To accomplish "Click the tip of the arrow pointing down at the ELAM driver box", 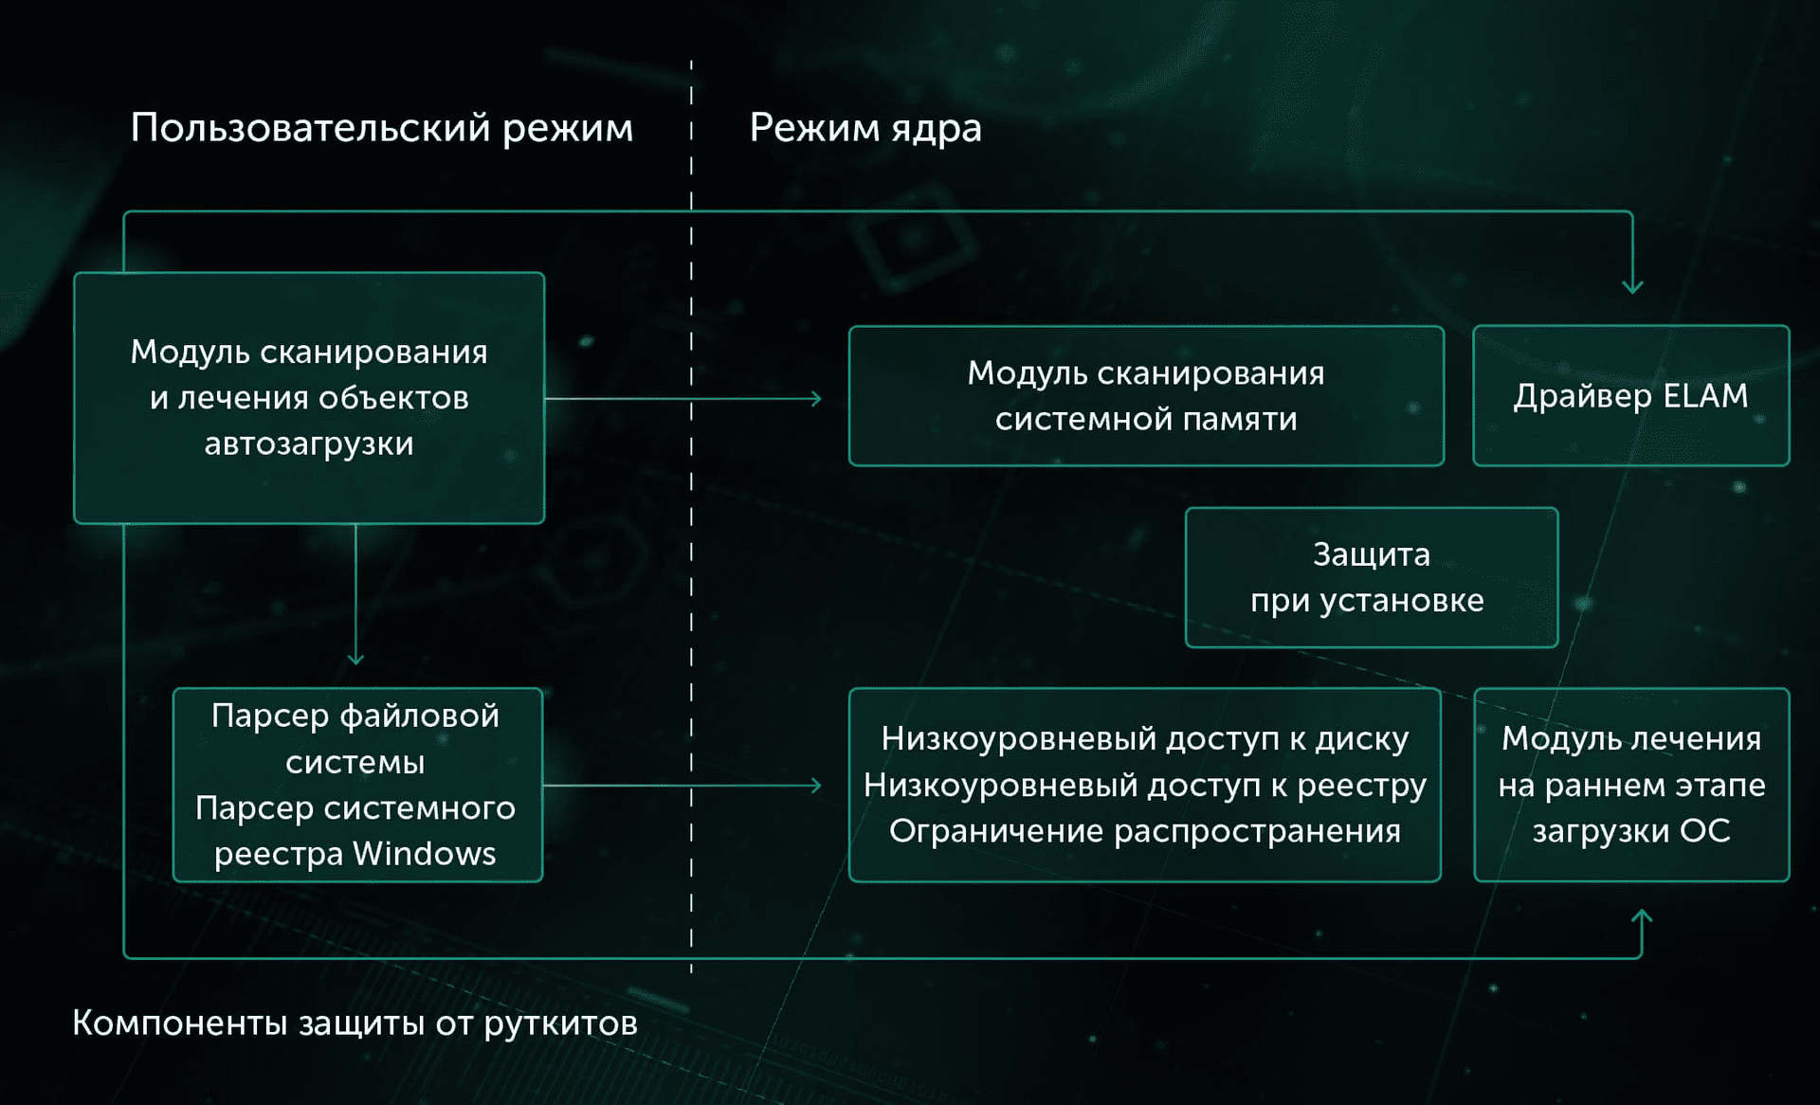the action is (1631, 293).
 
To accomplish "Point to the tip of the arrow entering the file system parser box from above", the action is (355, 664).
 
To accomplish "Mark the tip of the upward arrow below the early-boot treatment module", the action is (1642, 911).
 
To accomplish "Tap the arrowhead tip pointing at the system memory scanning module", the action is (821, 399).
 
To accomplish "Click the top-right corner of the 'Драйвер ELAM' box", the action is (1789, 327).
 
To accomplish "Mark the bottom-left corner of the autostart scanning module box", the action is (75, 522).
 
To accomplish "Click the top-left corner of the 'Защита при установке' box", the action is (1187, 509).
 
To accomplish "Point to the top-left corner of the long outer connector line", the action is (124, 212).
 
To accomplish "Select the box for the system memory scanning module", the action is (1146, 396).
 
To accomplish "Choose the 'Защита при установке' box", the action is (1372, 577).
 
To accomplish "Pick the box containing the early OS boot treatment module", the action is (1631, 785).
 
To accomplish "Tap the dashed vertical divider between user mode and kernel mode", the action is (691, 516).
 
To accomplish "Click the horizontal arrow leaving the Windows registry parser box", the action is (682, 786).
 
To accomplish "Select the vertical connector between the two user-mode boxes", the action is (355, 594).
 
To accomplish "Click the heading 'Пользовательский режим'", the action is (381, 128).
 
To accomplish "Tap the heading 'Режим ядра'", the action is (865, 128).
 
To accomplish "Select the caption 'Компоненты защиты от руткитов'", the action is (355, 1023).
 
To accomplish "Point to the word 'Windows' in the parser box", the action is (425, 854).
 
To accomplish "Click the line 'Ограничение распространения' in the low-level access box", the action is (1145, 831).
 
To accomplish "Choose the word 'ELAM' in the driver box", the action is (1705, 395).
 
